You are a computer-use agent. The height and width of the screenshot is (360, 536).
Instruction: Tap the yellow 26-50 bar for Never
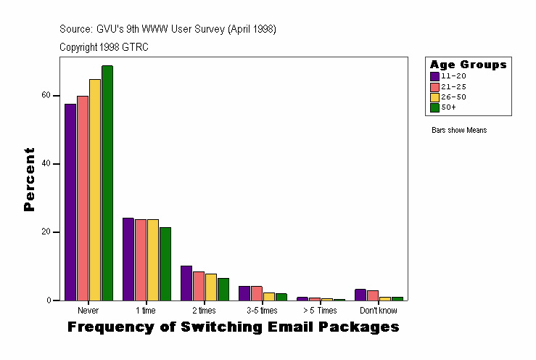[95, 189]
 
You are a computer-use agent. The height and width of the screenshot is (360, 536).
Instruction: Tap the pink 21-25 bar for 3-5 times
[257, 293]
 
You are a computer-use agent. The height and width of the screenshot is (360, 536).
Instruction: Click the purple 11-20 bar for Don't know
[360, 295]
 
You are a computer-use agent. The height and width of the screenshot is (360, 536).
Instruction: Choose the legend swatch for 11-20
[434, 76]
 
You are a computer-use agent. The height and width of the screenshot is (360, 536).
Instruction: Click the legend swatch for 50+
[434, 107]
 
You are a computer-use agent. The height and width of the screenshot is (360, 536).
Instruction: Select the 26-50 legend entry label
[453, 97]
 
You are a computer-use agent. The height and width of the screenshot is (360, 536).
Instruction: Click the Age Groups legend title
[468, 65]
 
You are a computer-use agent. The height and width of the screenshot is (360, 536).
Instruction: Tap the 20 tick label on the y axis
[46, 232]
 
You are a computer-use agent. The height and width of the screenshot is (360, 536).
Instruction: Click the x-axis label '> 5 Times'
[320, 311]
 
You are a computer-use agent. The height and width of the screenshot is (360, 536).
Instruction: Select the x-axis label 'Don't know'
[378, 311]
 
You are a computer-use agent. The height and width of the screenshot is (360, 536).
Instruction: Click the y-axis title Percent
[29, 179]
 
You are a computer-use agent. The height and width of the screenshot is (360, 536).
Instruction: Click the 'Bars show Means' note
[458, 131]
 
